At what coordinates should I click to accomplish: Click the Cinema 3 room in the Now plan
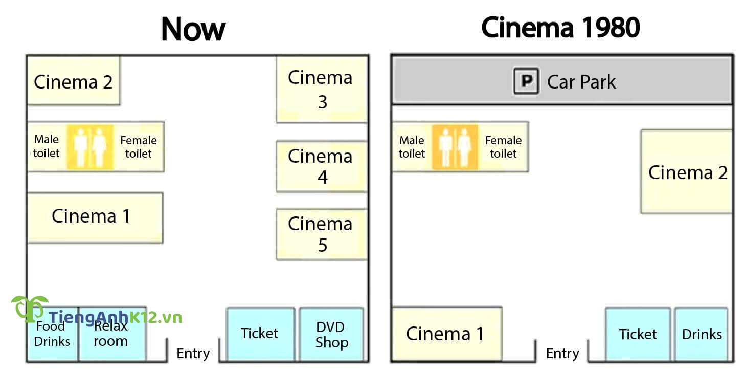(x=321, y=89)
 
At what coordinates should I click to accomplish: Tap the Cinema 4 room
(x=321, y=166)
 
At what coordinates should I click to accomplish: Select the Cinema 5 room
(x=321, y=234)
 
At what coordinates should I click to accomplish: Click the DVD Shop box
(x=331, y=334)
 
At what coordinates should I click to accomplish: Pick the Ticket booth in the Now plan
(x=260, y=334)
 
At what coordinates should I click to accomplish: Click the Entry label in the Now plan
(x=193, y=353)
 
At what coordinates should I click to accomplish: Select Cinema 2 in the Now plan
(x=73, y=81)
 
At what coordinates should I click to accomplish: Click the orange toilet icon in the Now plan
(x=90, y=147)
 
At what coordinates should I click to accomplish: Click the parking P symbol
(x=526, y=81)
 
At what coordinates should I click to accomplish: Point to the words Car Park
(x=581, y=82)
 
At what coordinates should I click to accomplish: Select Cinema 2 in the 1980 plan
(x=687, y=172)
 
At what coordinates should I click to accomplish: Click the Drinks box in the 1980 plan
(x=702, y=334)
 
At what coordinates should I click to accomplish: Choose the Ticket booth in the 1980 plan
(x=638, y=334)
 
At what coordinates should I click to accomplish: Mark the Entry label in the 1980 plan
(x=562, y=353)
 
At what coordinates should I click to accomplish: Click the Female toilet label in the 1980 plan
(x=503, y=147)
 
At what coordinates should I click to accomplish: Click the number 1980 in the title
(x=609, y=28)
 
